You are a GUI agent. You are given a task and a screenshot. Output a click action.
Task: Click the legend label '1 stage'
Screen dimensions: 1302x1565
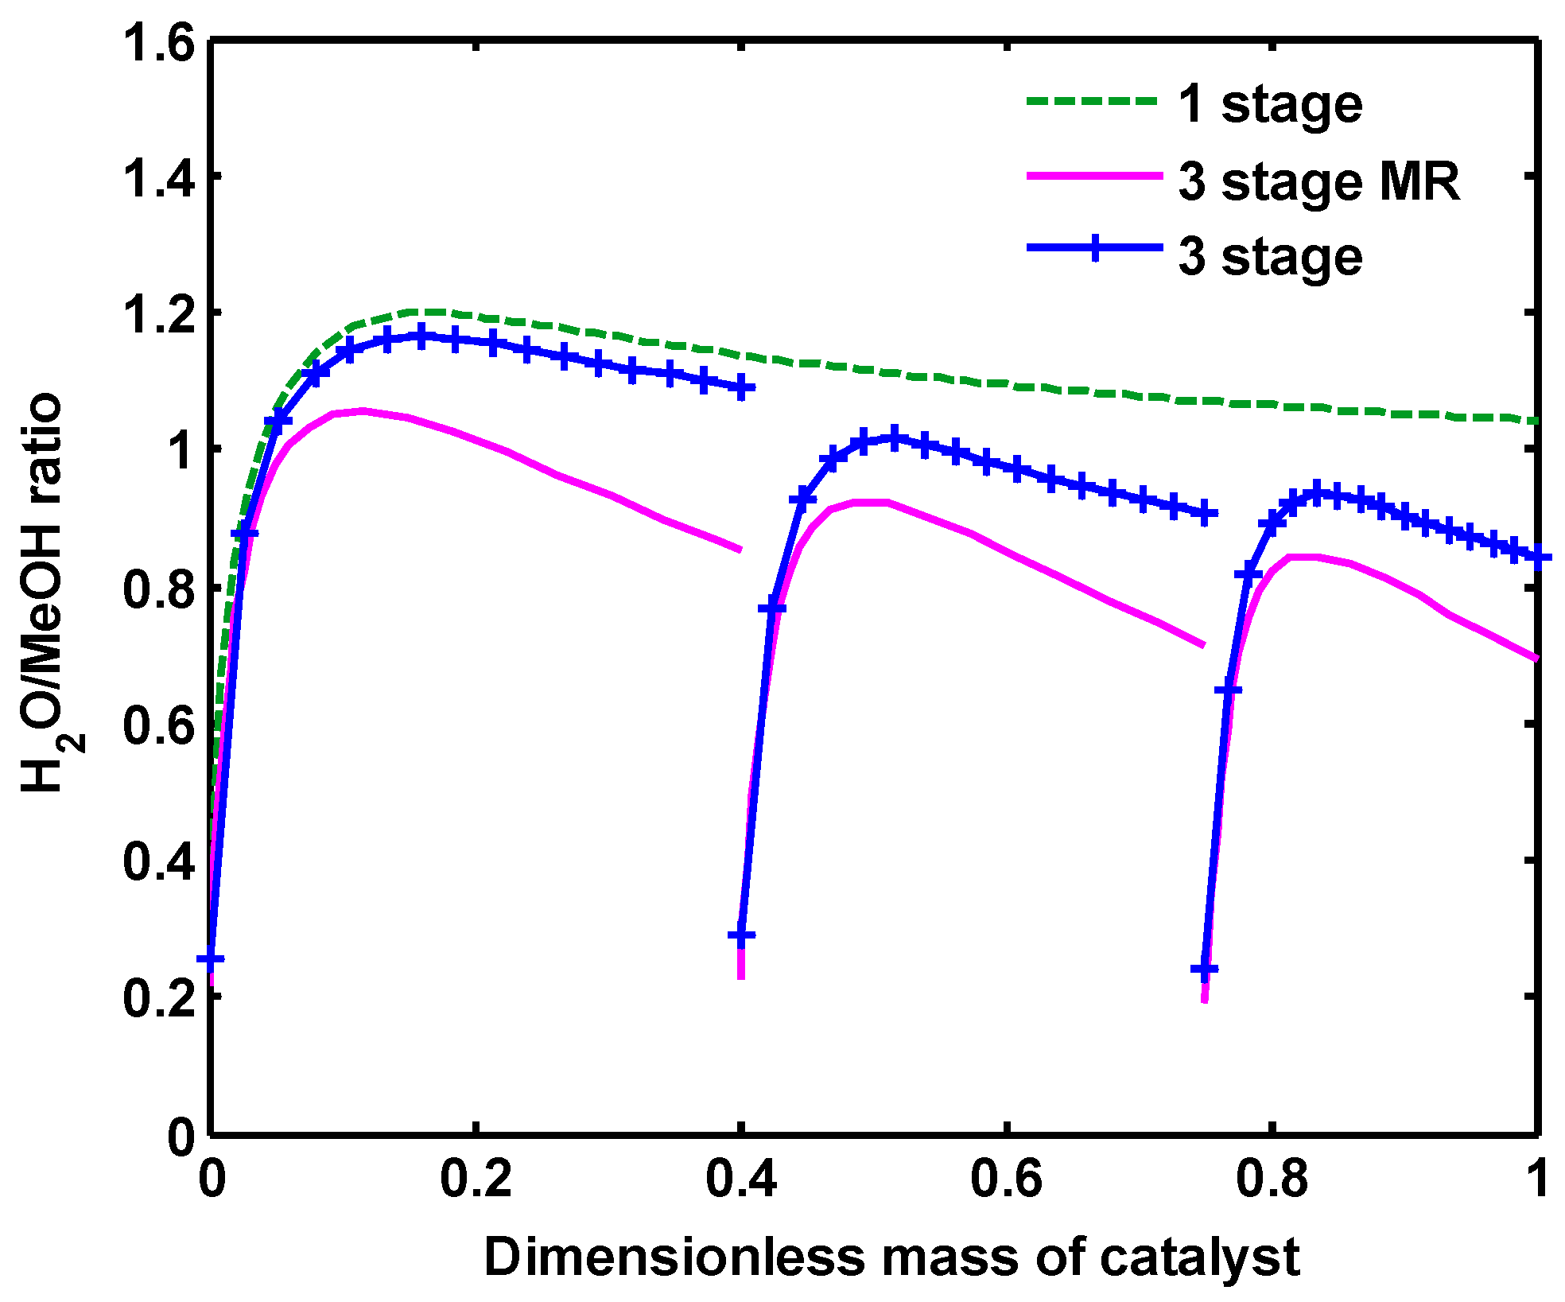(x=1270, y=106)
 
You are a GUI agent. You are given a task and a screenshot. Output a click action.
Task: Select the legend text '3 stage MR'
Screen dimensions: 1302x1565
(x=1318, y=182)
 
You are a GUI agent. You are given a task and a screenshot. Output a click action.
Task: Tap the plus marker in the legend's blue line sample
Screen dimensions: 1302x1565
(x=1095, y=248)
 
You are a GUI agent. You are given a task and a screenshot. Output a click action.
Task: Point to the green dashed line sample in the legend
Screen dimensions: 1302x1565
(x=1091, y=101)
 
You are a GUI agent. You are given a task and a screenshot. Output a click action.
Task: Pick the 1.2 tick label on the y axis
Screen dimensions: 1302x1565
(x=158, y=313)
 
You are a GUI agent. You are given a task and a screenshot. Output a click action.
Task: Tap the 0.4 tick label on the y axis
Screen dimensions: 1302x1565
(x=158, y=861)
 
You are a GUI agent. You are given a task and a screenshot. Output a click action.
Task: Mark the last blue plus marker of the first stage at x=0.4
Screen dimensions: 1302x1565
(x=741, y=387)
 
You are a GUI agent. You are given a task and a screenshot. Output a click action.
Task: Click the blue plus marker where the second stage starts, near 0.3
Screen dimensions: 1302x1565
(x=741, y=935)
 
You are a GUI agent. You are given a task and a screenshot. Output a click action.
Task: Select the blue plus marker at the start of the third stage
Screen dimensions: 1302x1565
(x=1205, y=970)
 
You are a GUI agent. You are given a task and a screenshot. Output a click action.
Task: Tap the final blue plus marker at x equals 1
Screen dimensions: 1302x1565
(x=1539, y=558)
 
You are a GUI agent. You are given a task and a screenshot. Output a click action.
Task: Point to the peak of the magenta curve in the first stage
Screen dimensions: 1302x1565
(x=363, y=411)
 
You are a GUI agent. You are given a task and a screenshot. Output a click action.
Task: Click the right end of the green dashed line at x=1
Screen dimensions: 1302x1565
(x=1536, y=420)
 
